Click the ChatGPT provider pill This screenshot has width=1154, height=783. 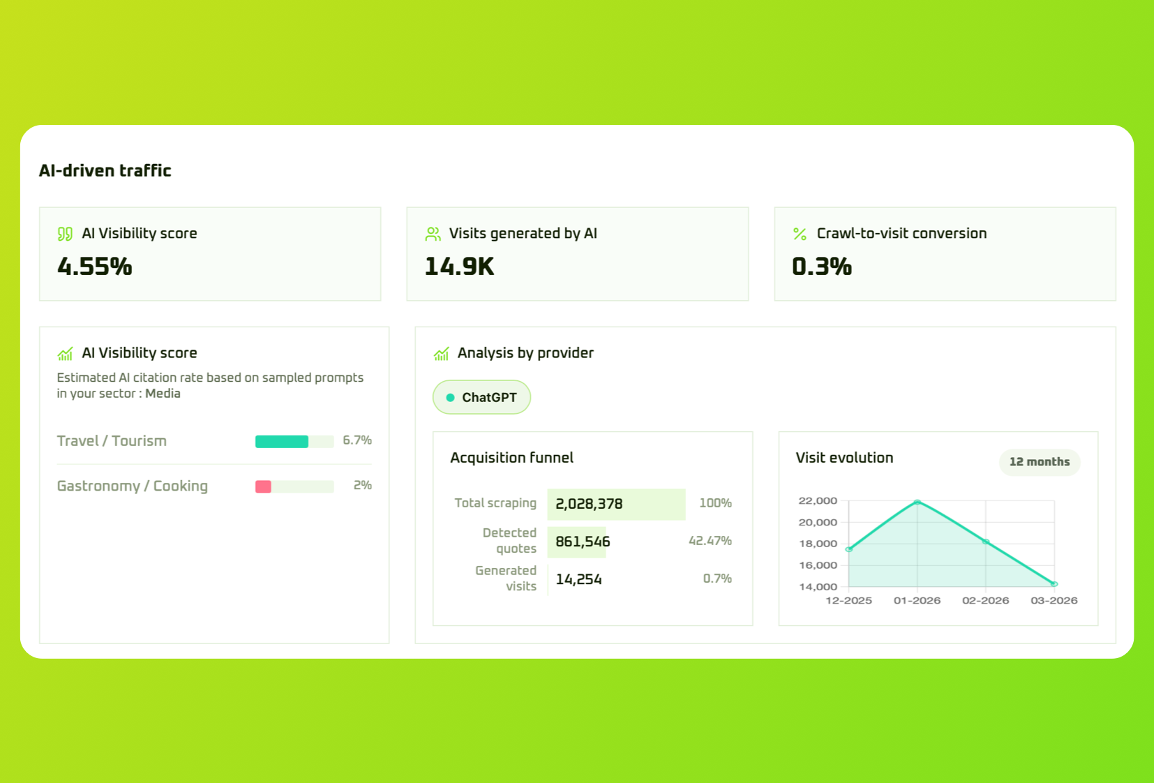coord(481,397)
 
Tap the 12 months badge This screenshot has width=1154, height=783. coord(1039,462)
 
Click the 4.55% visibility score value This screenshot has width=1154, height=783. coord(95,267)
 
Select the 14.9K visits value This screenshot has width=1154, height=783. coord(459,267)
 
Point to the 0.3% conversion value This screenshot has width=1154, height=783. coord(822,267)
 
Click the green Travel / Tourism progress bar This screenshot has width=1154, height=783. coord(282,441)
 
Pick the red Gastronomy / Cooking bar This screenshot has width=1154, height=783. coord(263,486)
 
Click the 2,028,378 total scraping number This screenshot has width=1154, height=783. coord(589,504)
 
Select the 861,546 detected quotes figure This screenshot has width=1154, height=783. coord(583,542)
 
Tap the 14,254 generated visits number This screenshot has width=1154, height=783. coord(578,579)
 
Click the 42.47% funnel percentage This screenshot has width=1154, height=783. coord(710,541)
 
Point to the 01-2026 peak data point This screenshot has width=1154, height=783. coord(917,502)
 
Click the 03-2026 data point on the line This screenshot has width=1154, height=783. coord(1054,583)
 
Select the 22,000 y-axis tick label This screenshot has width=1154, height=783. coord(818,501)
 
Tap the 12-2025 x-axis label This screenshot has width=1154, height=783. coord(848,600)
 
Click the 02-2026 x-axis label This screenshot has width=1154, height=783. coord(985,600)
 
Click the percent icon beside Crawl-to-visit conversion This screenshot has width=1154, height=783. coord(800,234)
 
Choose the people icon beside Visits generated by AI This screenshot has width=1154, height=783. coord(433,234)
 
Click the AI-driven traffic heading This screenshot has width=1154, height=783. coord(105,171)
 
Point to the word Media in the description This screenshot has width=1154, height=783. coord(163,394)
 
